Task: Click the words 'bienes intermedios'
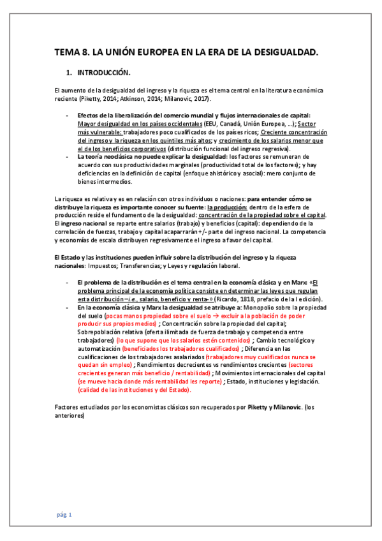click(x=105, y=181)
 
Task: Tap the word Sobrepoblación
click(x=99, y=332)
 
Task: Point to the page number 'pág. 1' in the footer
click(x=64, y=514)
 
